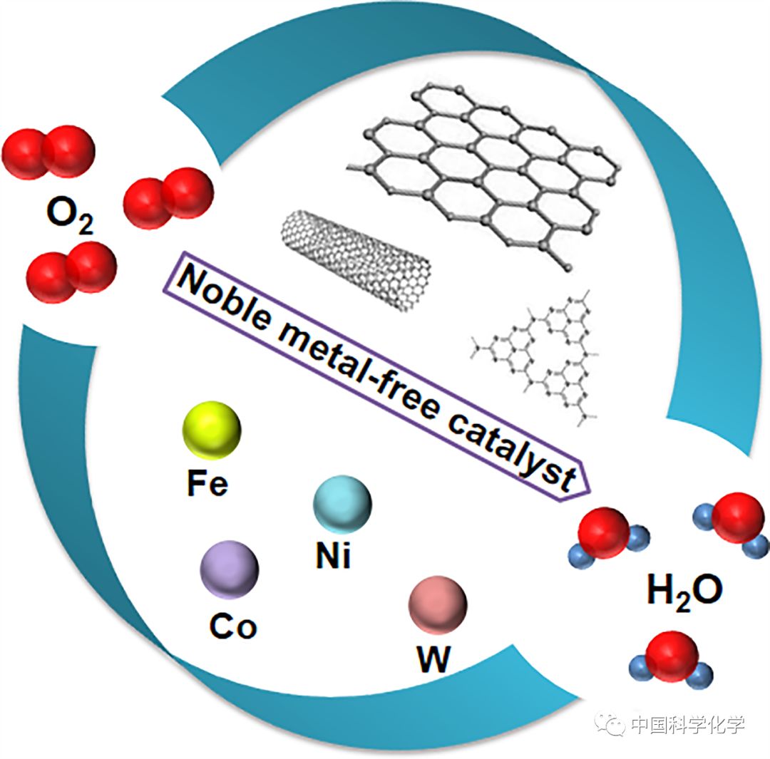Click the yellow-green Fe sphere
pos(212,430)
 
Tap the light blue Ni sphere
pos(342,504)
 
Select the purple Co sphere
pos(229,569)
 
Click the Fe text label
pos(207,483)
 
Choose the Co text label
pos(233,626)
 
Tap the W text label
pos(434,660)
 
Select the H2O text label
pos(685,591)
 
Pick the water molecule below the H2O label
pos(671,660)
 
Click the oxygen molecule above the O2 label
pos(48,153)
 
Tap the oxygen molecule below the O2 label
pos(71,272)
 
